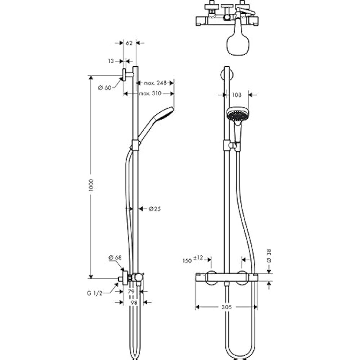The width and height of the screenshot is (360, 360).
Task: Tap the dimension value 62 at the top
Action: (130, 43)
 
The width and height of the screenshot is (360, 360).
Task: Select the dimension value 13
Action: (111, 61)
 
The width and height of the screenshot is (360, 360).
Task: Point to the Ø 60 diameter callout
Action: (105, 87)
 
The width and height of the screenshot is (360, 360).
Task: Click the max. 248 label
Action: (155, 83)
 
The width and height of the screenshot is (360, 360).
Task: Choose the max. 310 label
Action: (149, 94)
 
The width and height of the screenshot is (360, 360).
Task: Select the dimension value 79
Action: (131, 291)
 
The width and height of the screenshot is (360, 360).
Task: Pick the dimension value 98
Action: (134, 303)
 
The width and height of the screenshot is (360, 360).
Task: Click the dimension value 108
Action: (236, 95)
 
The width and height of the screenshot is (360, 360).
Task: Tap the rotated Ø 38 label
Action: (270, 255)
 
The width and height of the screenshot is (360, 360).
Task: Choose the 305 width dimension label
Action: (226, 307)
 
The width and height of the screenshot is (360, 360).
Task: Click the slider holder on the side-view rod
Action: (135, 145)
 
